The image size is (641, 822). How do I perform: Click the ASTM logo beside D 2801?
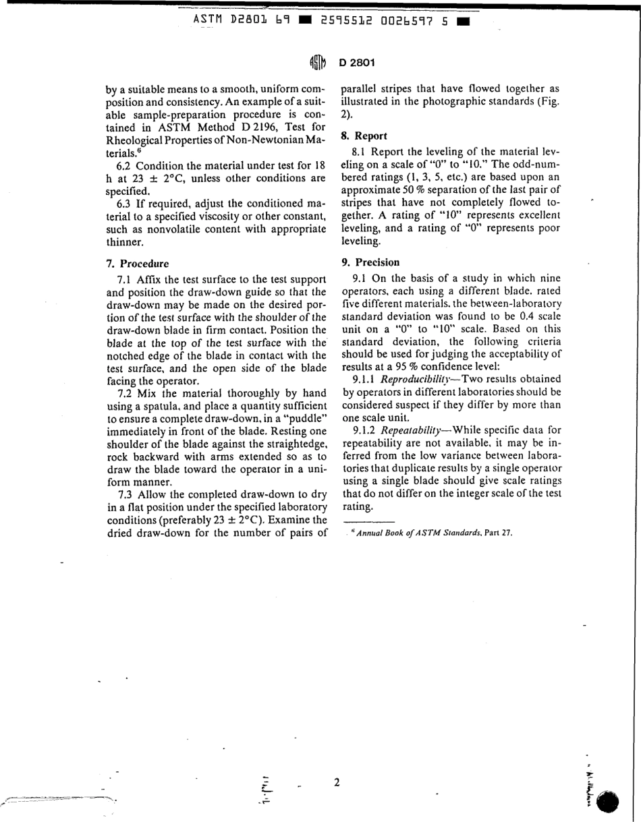pyautogui.click(x=317, y=63)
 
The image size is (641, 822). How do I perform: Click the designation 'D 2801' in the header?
pyautogui.click(x=356, y=63)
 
